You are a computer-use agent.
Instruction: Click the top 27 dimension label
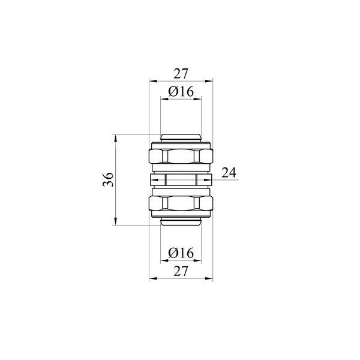[x=181, y=73]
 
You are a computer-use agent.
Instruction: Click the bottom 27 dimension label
[x=181, y=271]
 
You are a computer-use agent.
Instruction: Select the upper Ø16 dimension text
[x=181, y=91]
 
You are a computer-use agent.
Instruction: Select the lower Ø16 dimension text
[x=181, y=253]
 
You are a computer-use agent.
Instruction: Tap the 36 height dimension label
[x=108, y=179]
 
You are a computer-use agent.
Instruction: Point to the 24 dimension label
[x=229, y=172]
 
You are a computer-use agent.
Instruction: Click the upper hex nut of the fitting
[x=181, y=156]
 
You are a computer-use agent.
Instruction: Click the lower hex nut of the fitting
[x=181, y=203]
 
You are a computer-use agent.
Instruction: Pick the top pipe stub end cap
[x=181, y=138]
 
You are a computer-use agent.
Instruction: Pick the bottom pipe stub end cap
[x=181, y=221]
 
